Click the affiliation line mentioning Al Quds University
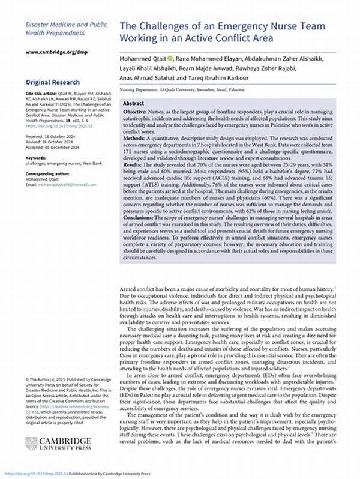pos(196,88)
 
